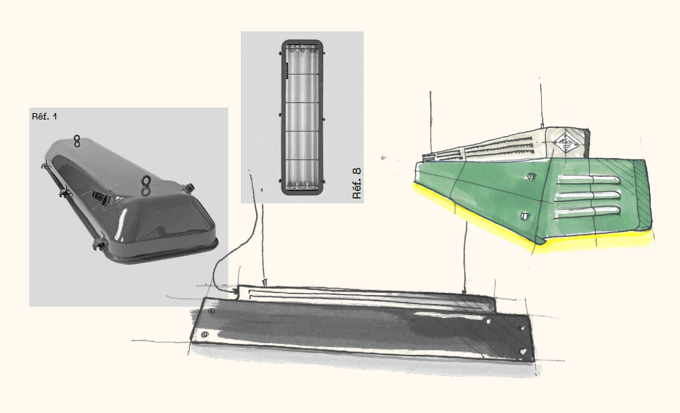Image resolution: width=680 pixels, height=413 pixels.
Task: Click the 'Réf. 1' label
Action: (x=44, y=117)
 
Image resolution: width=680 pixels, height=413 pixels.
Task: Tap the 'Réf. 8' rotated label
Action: (x=357, y=183)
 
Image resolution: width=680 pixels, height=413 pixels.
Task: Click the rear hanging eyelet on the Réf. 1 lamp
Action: (x=77, y=140)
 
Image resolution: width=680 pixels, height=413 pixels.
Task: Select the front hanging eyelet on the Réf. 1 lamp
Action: (x=146, y=185)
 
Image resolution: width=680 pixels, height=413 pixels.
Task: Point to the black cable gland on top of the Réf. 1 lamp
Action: (x=103, y=198)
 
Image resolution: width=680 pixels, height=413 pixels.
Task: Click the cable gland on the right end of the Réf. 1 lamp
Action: (x=189, y=188)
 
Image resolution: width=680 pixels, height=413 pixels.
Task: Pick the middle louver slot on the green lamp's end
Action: (x=588, y=196)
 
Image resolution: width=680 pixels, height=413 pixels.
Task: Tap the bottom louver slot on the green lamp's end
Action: (x=588, y=212)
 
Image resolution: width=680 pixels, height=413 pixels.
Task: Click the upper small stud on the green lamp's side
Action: (x=531, y=176)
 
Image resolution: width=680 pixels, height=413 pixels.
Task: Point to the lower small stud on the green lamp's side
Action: (x=524, y=216)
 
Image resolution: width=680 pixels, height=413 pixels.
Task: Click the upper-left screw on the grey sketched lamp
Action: (x=212, y=311)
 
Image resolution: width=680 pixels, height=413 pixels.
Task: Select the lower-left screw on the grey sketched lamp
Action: (x=205, y=335)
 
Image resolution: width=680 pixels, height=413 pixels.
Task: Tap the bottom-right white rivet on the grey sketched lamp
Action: (x=524, y=351)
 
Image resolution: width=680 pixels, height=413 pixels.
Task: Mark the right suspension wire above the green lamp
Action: (x=541, y=103)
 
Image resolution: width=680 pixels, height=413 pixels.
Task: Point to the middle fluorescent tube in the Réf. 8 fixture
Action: (x=302, y=118)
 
